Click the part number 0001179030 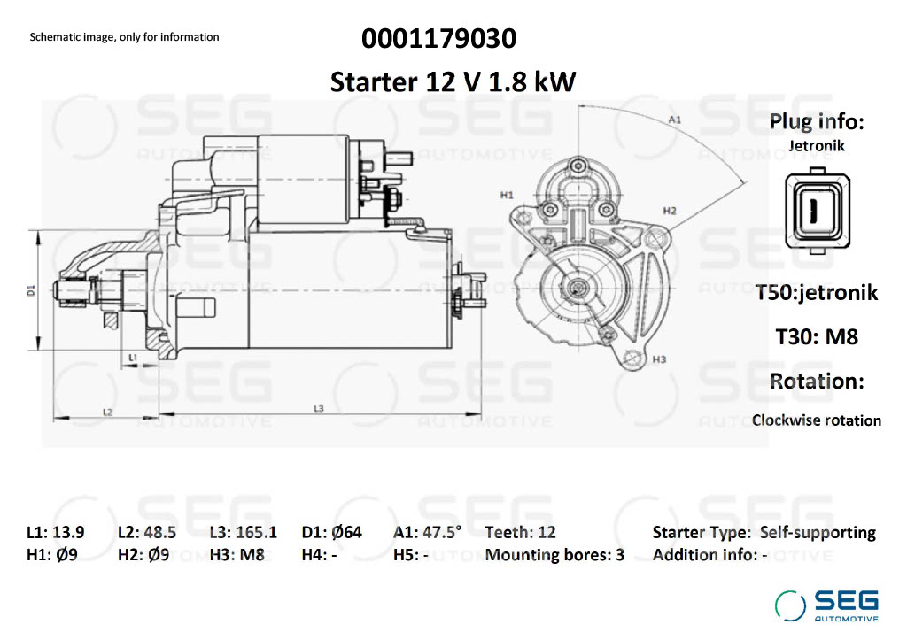pyautogui.click(x=438, y=39)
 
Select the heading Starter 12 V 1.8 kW pyautogui.click(x=453, y=81)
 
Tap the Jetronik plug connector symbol pyautogui.click(x=817, y=211)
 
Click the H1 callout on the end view pyautogui.click(x=507, y=196)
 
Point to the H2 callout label pyautogui.click(x=670, y=211)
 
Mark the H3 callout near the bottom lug pyautogui.click(x=659, y=359)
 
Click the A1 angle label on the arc pyautogui.click(x=674, y=120)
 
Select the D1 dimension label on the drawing pyautogui.click(x=31, y=290)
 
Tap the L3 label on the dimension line pyautogui.click(x=318, y=408)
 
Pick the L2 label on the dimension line pyautogui.click(x=107, y=412)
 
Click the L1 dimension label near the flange pyautogui.click(x=133, y=358)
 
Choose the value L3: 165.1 pyautogui.click(x=244, y=532)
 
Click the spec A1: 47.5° pyautogui.click(x=428, y=532)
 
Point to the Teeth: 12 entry pyautogui.click(x=520, y=532)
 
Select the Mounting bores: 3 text pyautogui.click(x=554, y=555)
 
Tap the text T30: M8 pyautogui.click(x=816, y=336)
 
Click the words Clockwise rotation pyautogui.click(x=816, y=420)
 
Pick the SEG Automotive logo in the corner pyautogui.click(x=826, y=605)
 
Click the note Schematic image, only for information pyautogui.click(x=124, y=37)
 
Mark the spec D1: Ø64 pyautogui.click(x=332, y=532)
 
